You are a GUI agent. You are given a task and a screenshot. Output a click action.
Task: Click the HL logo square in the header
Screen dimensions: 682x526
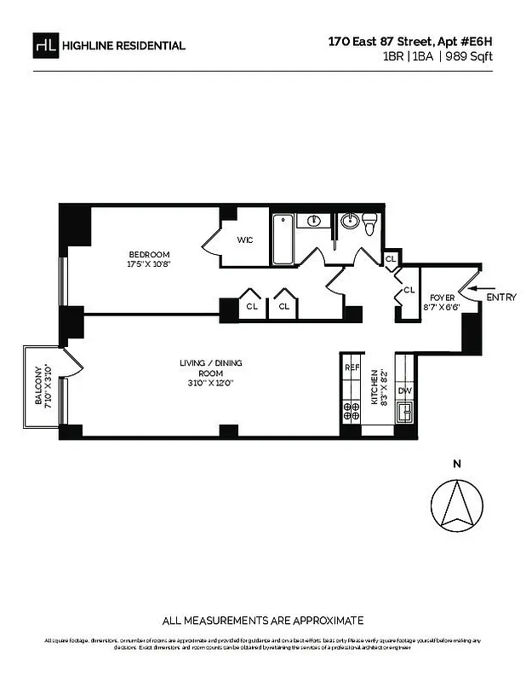pyautogui.click(x=46, y=45)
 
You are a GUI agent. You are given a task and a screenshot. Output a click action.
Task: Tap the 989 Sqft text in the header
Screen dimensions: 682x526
pyautogui.click(x=470, y=56)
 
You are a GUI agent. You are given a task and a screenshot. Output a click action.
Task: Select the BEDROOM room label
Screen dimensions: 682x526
pyautogui.click(x=150, y=255)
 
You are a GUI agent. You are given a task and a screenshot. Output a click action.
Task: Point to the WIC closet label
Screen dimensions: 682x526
pyautogui.click(x=245, y=240)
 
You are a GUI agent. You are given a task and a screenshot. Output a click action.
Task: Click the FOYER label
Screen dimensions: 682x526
pyautogui.click(x=440, y=297)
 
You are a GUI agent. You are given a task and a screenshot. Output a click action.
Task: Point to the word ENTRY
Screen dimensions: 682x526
pyautogui.click(x=501, y=298)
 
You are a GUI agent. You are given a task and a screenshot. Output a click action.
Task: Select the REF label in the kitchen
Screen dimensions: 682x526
pyautogui.click(x=352, y=367)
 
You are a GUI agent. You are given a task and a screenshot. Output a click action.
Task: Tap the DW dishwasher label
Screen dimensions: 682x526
pyautogui.click(x=404, y=391)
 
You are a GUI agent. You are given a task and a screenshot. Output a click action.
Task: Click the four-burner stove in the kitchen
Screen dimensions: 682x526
pyautogui.click(x=352, y=412)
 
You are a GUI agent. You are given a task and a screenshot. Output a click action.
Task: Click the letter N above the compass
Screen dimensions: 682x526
pyautogui.click(x=456, y=465)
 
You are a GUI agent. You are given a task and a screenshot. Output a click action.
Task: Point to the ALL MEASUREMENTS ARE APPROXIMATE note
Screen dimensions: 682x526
pyautogui.click(x=263, y=620)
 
